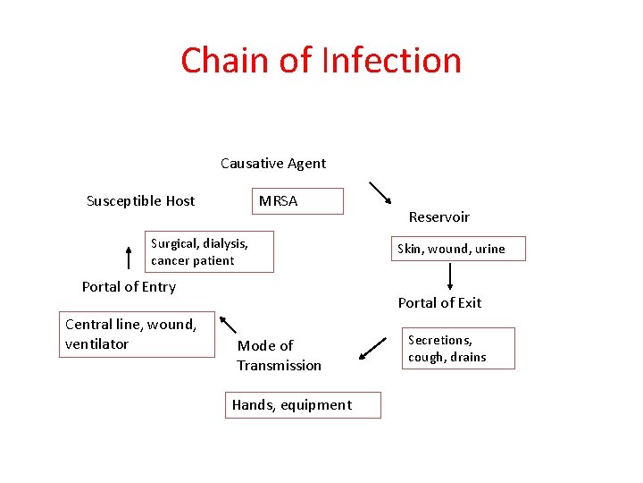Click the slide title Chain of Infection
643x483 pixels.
321,60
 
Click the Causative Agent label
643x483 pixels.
273,163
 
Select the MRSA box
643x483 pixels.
299,201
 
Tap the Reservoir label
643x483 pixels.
438,216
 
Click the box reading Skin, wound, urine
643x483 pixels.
461,249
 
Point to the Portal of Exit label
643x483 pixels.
439,302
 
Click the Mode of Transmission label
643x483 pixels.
279,355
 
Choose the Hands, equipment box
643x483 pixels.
303,405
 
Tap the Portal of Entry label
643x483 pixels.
129,286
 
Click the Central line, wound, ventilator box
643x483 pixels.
137,335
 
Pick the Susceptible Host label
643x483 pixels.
140,200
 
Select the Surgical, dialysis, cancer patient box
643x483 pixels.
209,252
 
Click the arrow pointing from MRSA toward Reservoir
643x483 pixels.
380,193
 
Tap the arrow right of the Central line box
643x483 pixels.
228,325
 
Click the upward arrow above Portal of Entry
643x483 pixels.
128,257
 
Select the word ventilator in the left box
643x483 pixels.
97,344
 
